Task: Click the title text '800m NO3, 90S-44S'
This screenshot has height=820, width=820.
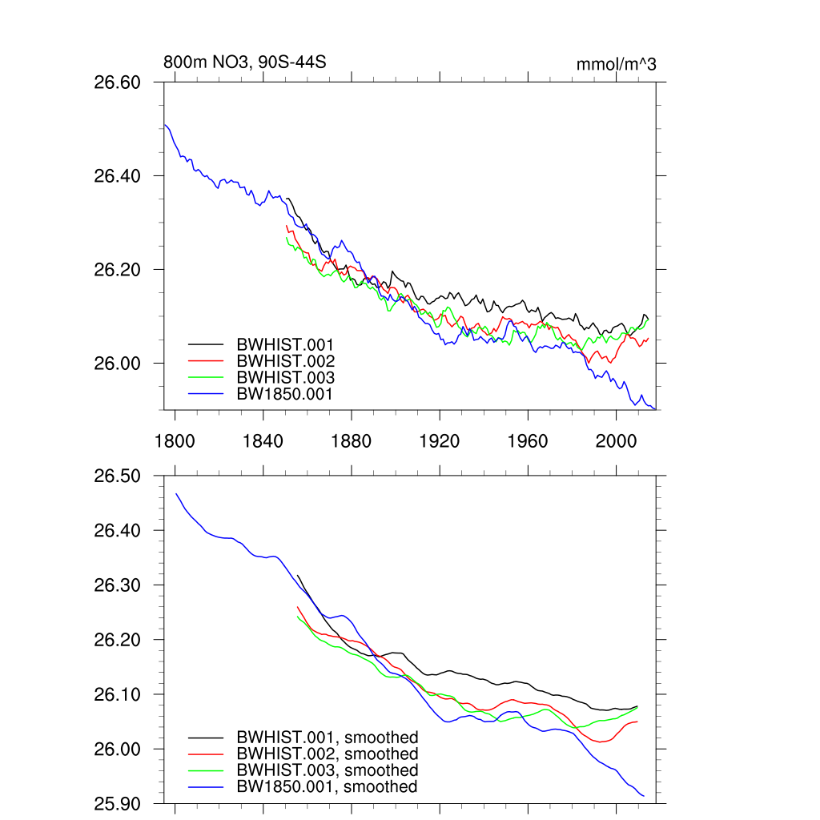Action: (244, 62)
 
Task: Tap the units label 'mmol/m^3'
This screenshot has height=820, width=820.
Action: (616, 64)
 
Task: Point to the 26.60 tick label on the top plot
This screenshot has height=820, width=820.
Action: (118, 82)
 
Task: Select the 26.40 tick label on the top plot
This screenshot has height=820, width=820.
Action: (118, 176)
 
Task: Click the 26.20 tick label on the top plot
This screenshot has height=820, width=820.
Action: (118, 270)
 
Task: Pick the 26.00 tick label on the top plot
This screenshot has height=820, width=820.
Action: (118, 364)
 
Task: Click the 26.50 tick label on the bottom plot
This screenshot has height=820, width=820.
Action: (118, 476)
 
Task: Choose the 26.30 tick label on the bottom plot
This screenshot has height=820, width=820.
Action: (118, 585)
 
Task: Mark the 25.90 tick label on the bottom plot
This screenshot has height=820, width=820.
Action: (118, 803)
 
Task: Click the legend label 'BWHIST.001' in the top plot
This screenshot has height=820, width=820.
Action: (285, 344)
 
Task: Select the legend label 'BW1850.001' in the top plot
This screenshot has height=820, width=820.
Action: (285, 394)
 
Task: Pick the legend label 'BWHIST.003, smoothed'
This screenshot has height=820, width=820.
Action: (327, 770)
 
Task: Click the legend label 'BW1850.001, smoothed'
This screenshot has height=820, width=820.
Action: (327, 787)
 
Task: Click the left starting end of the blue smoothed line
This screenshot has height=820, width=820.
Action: (176, 493)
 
